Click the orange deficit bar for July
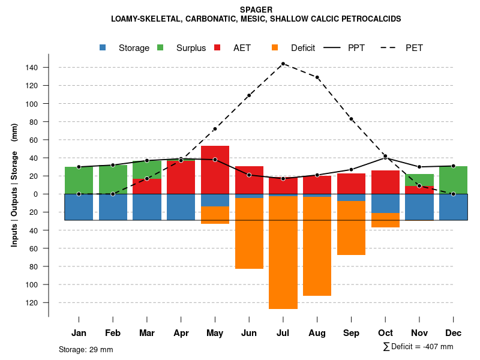(283, 252)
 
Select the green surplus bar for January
(79, 180)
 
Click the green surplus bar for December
(453, 180)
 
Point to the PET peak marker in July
(283, 64)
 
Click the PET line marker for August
(317, 77)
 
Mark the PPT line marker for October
(385, 158)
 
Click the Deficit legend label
(302, 48)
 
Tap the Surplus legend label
(191, 48)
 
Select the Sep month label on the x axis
(351, 333)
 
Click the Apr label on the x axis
(181, 333)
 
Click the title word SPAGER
(256, 10)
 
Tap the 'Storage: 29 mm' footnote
(86, 349)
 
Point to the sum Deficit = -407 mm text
(418, 347)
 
